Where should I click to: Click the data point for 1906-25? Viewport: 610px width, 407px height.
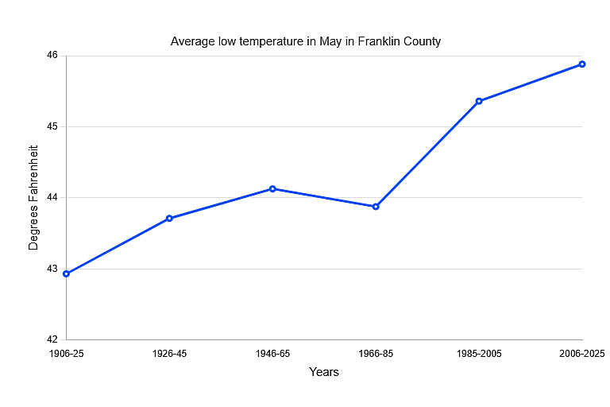(66, 273)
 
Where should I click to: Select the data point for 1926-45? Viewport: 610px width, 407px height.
(169, 218)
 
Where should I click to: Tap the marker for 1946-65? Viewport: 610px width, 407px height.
(272, 188)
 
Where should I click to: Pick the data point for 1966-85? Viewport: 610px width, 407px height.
(376, 206)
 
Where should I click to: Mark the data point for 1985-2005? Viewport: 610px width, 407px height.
(479, 101)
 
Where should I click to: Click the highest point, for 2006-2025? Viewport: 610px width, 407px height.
(582, 64)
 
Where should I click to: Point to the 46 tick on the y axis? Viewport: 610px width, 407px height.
(52, 56)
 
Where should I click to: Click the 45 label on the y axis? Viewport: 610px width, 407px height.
(52, 126)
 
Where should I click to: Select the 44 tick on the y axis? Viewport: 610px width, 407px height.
(52, 197)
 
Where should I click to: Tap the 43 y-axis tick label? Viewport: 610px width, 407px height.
(52, 269)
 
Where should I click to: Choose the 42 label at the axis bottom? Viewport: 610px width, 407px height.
(52, 339)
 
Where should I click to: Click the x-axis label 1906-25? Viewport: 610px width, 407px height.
(66, 354)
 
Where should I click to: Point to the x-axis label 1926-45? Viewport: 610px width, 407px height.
(169, 354)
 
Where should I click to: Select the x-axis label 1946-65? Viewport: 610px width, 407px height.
(272, 354)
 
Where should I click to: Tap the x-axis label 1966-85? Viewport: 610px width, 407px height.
(376, 354)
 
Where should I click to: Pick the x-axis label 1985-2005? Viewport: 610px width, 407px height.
(479, 354)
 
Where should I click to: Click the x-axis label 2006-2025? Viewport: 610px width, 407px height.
(582, 354)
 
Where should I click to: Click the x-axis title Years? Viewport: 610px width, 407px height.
(324, 372)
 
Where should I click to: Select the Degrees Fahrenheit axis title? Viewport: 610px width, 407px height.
(33, 197)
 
